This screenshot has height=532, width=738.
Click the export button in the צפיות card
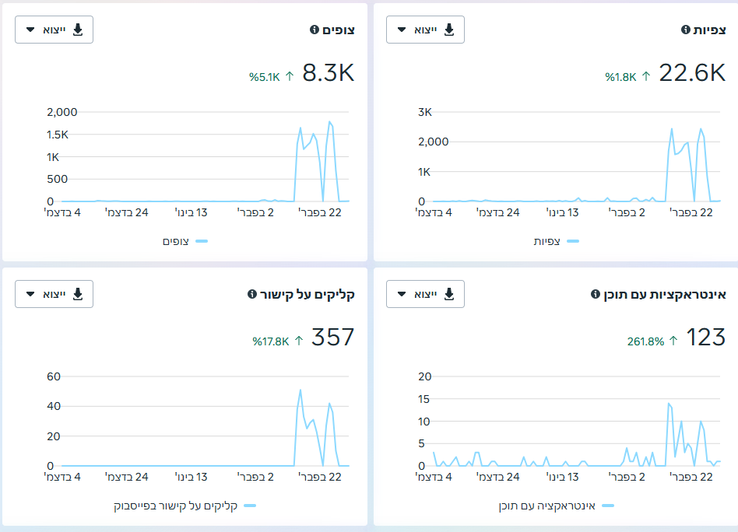[425, 30]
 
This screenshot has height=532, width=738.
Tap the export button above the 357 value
[54, 294]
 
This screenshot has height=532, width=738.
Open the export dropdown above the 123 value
[425, 294]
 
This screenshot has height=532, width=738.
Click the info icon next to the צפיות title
[686, 30]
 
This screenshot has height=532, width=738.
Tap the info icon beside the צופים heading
[315, 30]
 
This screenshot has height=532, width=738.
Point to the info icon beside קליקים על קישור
[252, 294]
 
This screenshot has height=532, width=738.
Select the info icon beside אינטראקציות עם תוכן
[596, 294]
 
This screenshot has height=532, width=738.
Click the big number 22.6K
[692, 73]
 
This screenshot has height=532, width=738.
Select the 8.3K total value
[328, 73]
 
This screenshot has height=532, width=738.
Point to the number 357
[332, 338]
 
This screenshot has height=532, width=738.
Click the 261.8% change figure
[645, 341]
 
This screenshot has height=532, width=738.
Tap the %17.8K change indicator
[271, 341]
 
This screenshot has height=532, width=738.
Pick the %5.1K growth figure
[265, 77]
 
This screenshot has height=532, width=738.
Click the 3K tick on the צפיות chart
[424, 112]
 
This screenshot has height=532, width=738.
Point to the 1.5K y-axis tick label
[58, 135]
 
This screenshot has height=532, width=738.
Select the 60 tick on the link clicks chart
[54, 376]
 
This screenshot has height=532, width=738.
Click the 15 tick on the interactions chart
[424, 399]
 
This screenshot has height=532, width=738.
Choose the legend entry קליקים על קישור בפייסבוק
[176, 506]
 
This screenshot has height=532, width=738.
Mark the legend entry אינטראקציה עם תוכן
[547, 506]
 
